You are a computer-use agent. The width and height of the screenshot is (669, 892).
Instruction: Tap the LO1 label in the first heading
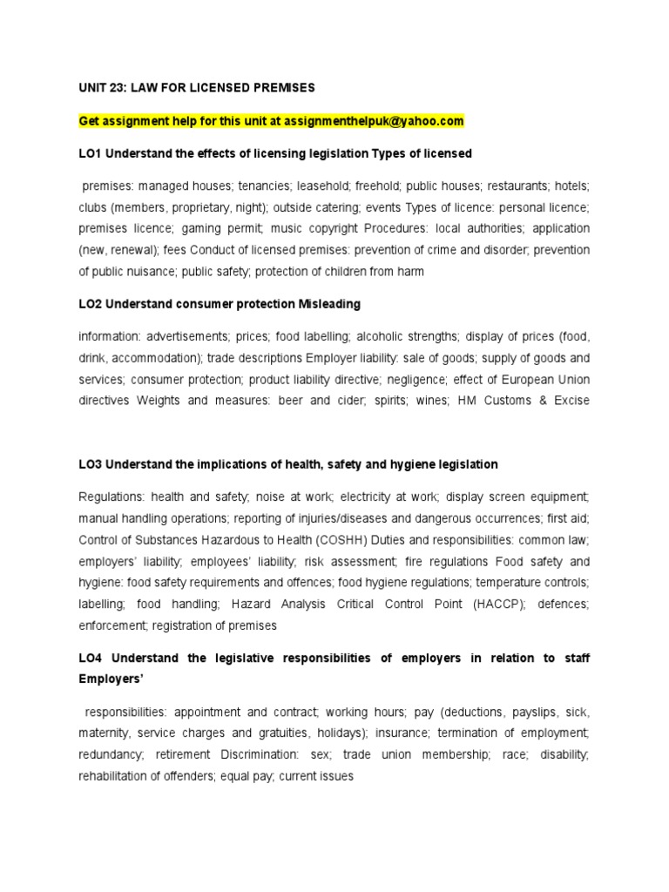[90, 153]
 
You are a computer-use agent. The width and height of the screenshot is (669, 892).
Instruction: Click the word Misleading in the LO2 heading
[330, 304]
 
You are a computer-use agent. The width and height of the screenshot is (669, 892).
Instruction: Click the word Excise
[569, 401]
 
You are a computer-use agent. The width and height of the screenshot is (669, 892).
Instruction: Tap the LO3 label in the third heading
[90, 464]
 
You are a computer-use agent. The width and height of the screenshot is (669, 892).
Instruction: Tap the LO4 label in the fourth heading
[91, 658]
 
